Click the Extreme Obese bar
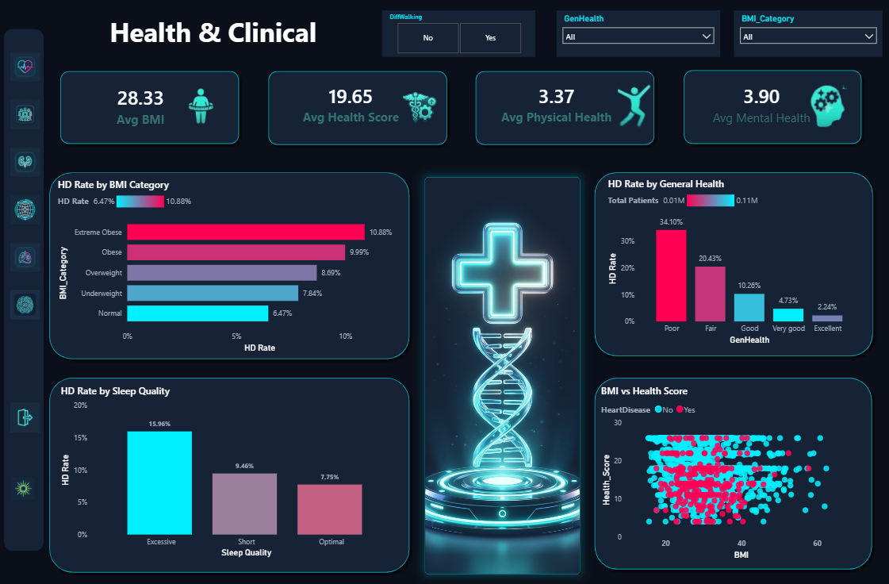[246, 232]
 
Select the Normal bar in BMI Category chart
[197, 313]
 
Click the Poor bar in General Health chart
[671, 275]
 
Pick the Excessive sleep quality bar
[159, 483]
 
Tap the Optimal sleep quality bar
[329, 509]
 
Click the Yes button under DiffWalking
[490, 38]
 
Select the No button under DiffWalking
[428, 38]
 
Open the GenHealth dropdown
[638, 36]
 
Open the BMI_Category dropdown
[808, 36]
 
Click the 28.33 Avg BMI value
[140, 98]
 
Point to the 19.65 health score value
[351, 97]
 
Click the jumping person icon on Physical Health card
[634, 106]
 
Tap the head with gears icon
[828, 106]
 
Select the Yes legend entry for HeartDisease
[685, 409]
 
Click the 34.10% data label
[671, 222]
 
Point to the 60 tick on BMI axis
[817, 544]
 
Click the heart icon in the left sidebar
[25, 67]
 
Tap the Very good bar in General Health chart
[788, 315]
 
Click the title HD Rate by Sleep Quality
[115, 391]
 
